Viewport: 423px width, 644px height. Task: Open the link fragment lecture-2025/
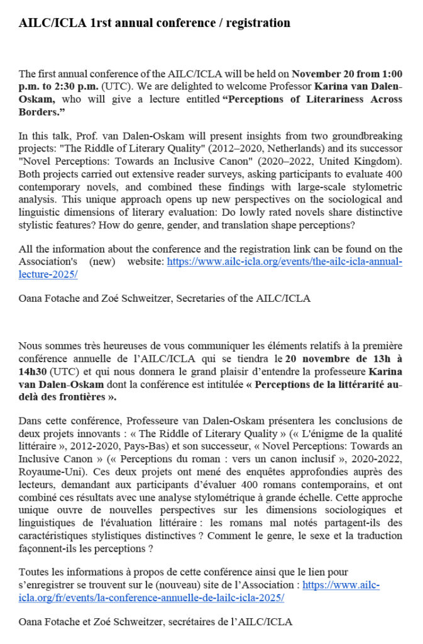click(48, 274)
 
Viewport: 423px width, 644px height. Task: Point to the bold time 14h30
click(33, 372)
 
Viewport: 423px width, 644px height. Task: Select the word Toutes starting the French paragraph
click(33, 572)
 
